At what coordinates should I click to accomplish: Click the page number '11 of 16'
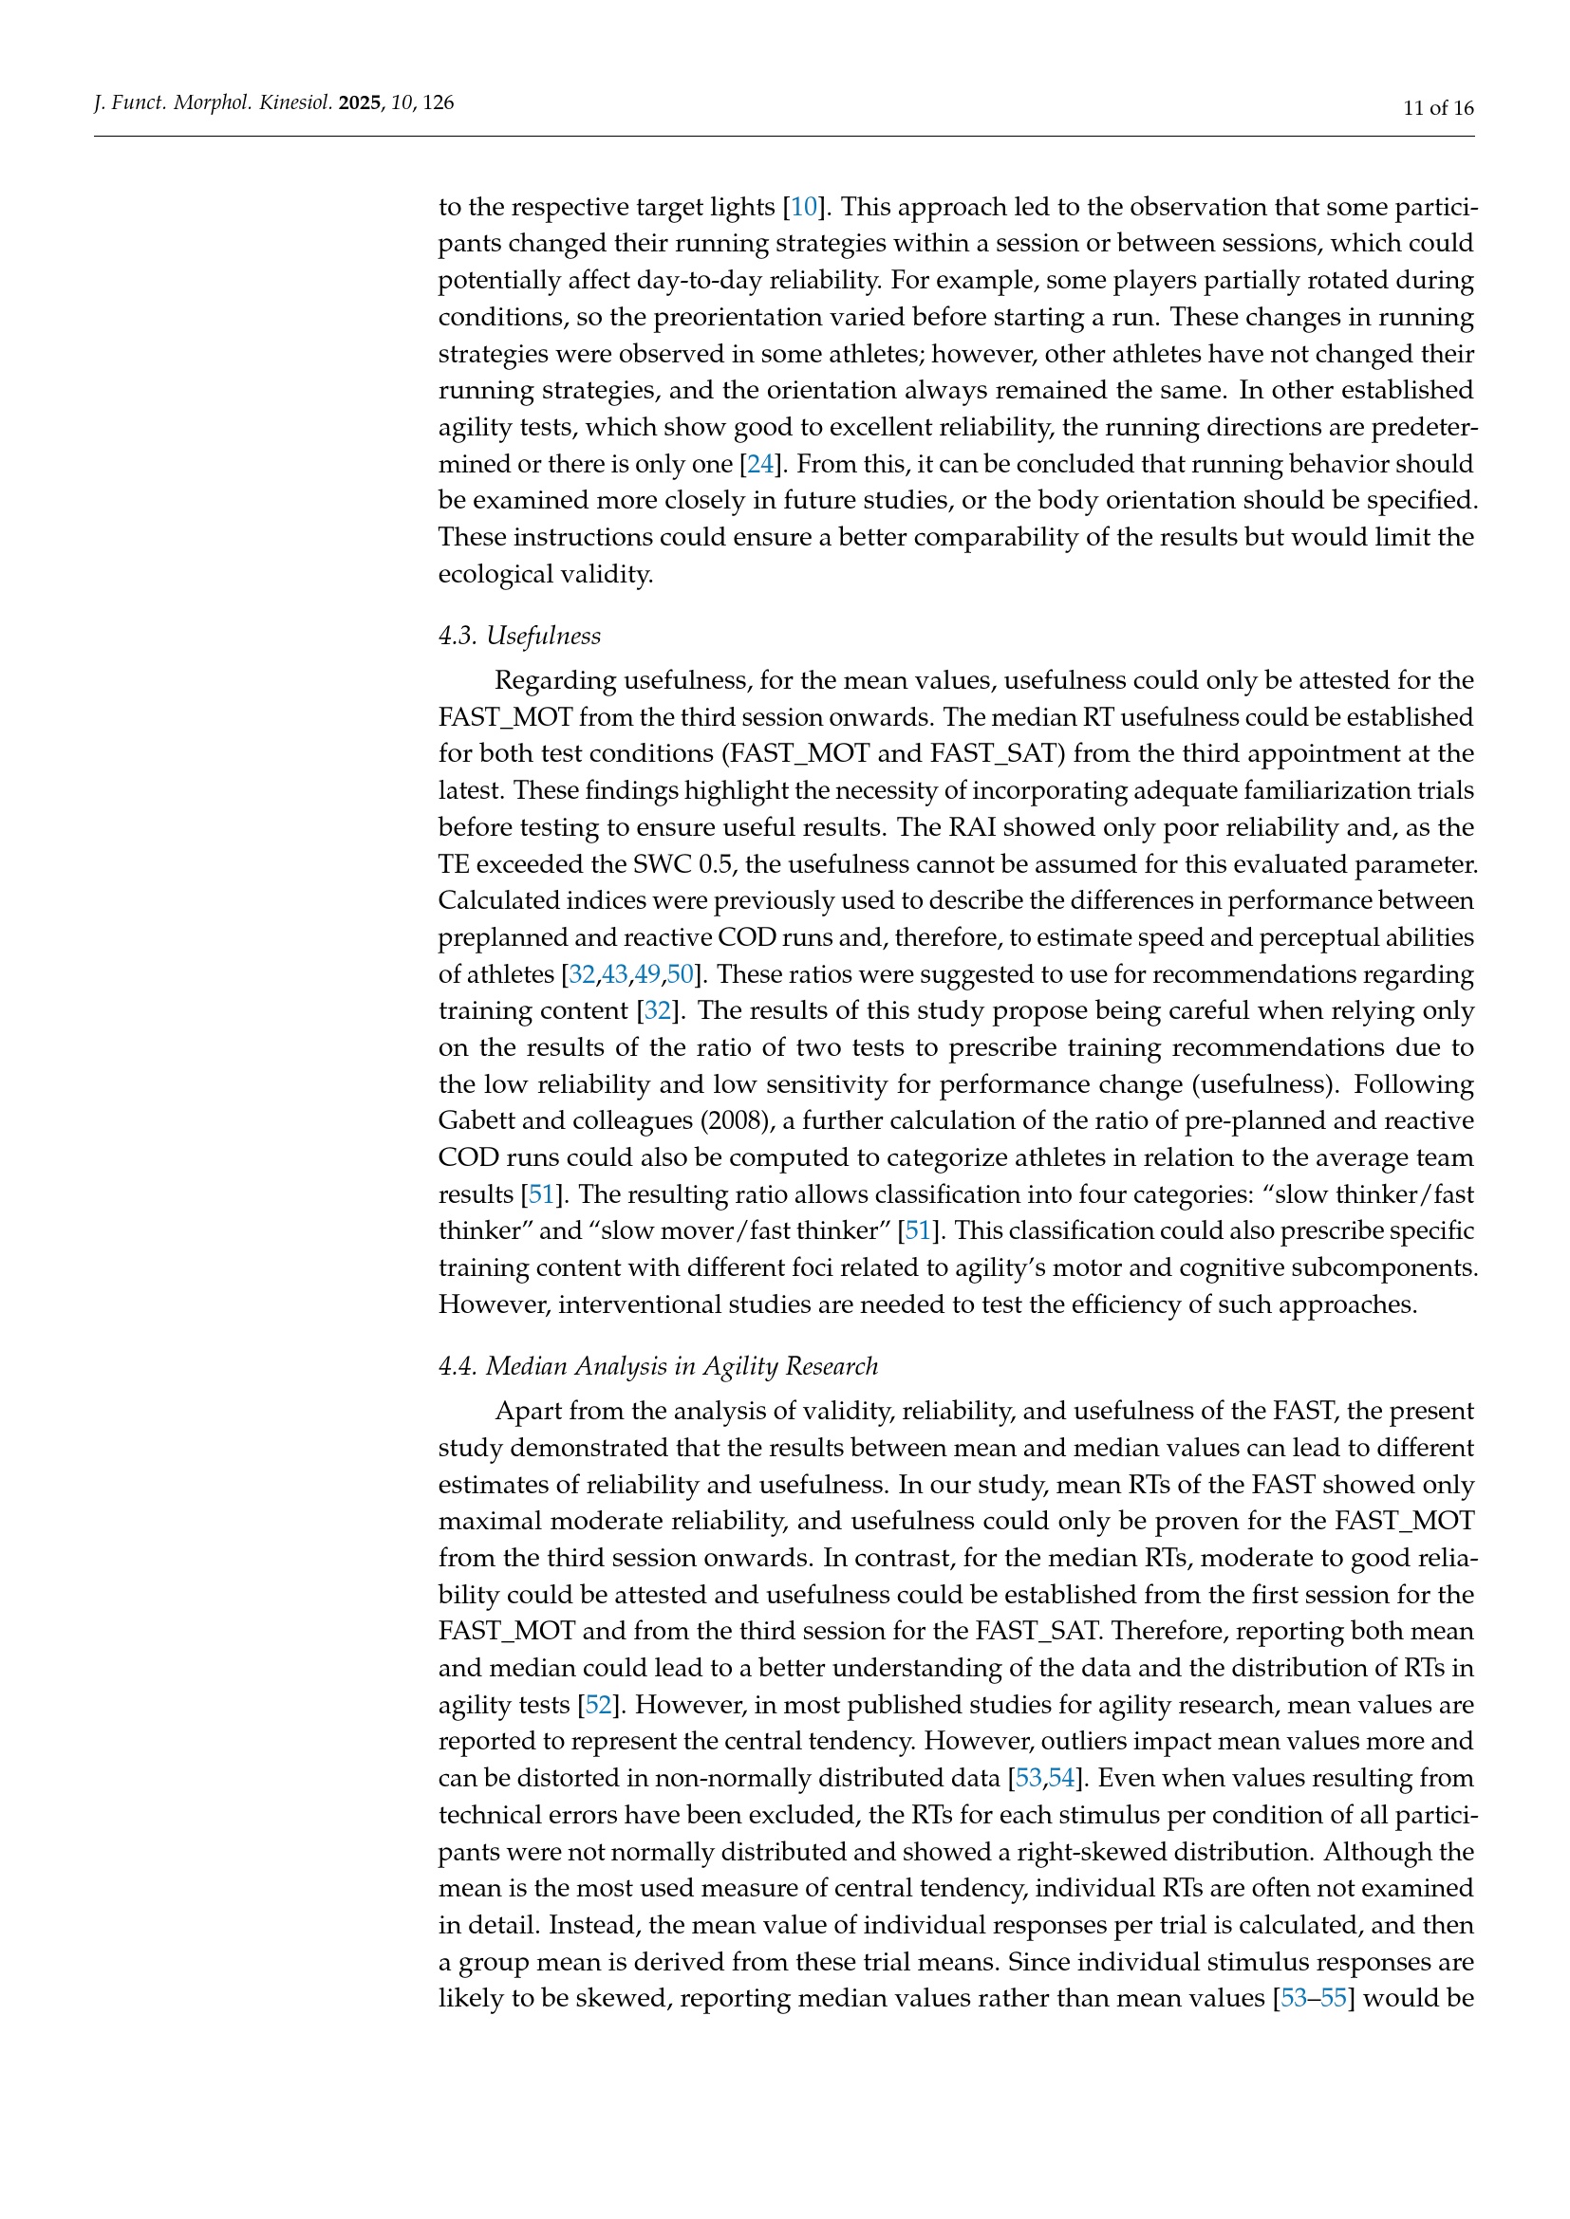coord(1438,107)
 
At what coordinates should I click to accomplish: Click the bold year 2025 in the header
coord(361,102)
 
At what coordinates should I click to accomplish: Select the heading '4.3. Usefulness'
coord(519,635)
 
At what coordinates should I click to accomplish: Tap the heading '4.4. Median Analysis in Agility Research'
coord(659,1365)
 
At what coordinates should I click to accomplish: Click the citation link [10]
coord(804,207)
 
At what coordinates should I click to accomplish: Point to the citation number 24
coord(761,464)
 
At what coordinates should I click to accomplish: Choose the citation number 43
coord(615,974)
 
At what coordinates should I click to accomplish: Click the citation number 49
coord(646,974)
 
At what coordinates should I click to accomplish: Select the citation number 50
coord(680,974)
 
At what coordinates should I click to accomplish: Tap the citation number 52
coord(598,1705)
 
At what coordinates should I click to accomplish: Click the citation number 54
coord(1061,1778)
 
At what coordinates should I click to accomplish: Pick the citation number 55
coord(1333,1998)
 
